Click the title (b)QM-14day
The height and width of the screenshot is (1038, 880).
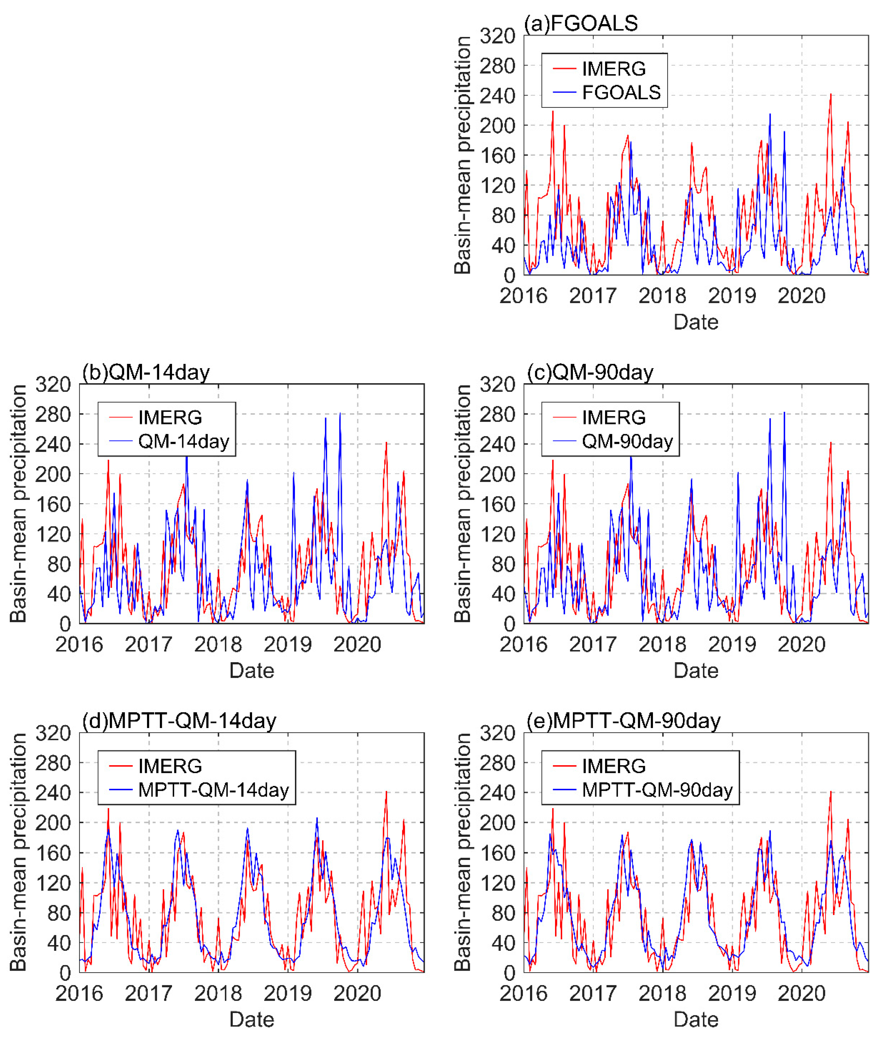146,372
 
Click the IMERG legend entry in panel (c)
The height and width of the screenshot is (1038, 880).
614,417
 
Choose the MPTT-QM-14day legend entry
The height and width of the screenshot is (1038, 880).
213,790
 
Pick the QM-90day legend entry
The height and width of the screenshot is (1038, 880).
627,441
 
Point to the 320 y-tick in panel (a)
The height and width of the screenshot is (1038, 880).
497,36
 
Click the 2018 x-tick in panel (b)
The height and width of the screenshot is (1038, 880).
218,645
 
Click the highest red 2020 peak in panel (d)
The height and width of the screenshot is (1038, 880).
386,792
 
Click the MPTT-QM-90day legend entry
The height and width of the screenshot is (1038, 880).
657,790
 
